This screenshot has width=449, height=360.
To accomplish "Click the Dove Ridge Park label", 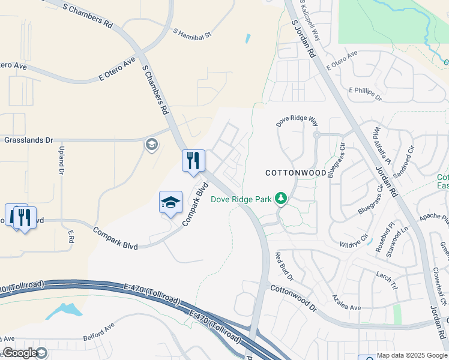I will (241, 199).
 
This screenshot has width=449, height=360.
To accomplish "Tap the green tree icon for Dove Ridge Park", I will (280, 197).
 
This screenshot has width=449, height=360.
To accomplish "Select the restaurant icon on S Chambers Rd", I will (193, 161).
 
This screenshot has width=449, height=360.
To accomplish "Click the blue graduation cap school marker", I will (170, 202).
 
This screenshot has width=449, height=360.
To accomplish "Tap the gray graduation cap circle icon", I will (151, 145).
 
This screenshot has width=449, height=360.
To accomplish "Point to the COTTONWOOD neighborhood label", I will (296, 172).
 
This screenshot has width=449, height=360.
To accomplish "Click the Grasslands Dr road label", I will (28, 140).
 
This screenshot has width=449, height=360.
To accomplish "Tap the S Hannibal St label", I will (193, 34).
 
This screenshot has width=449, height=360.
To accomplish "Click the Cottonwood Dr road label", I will (293, 298).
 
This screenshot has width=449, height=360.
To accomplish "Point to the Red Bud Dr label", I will (283, 267).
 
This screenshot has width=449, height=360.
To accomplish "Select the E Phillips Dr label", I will (365, 93).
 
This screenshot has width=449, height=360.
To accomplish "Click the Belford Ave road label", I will (98, 333).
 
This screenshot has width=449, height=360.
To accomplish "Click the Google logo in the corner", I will (20, 353).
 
